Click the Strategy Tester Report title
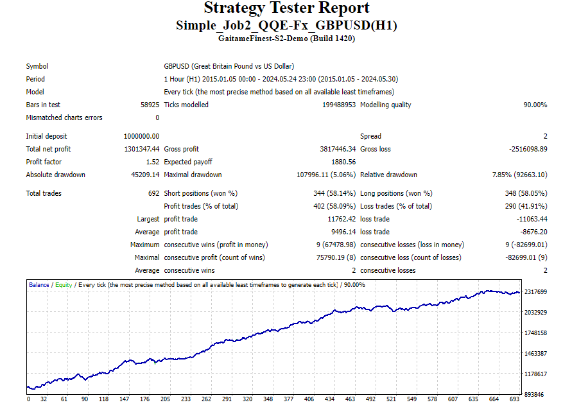click(x=286, y=8)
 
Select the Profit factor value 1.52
click(x=152, y=162)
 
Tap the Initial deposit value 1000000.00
click(x=141, y=136)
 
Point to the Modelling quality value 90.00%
click(x=535, y=105)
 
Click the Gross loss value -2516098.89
click(x=526, y=149)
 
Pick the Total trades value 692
click(x=153, y=193)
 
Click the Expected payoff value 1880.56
click(x=343, y=162)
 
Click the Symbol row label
click(x=37, y=66)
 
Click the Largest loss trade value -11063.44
click(x=530, y=219)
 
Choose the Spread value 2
click(x=545, y=136)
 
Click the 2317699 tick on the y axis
click(x=536, y=292)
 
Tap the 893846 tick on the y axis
click(x=534, y=394)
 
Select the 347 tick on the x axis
click(x=268, y=399)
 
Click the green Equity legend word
click(x=64, y=284)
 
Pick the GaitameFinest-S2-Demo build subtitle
click(x=286, y=39)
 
